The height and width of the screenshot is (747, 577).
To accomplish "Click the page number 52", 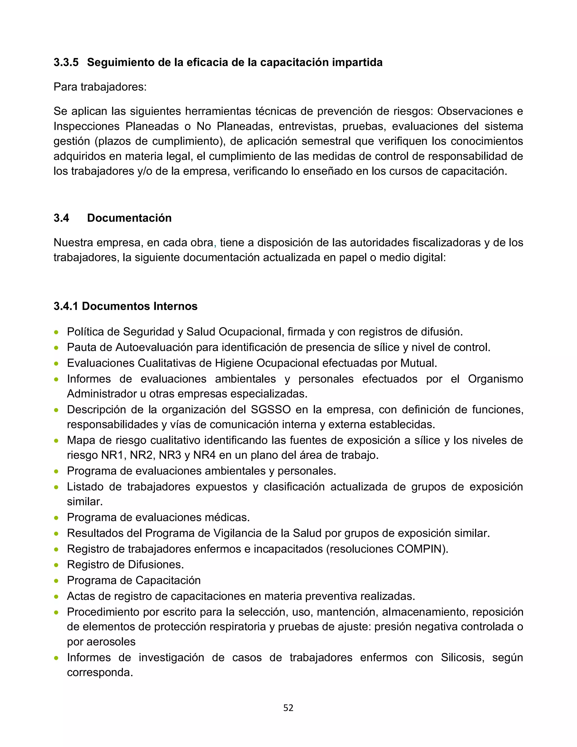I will (x=288, y=708).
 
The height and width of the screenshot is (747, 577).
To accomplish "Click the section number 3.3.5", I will (x=66, y=62).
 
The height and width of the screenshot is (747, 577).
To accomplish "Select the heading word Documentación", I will (x=129, y=218).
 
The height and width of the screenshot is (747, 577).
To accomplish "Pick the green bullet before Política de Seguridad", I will (x=56, y=332).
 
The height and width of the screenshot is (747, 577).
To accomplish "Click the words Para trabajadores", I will (x=100, y=87).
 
